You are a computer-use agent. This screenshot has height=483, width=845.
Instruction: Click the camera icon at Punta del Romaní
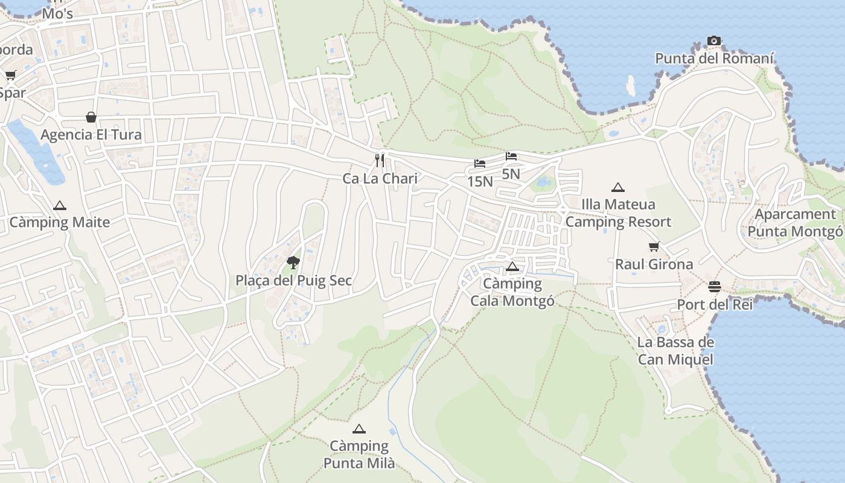tap(714, 41)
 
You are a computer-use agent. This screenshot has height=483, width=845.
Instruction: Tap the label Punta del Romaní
tap(714, 59)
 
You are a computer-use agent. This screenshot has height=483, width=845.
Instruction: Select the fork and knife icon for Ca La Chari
tap(380, 160)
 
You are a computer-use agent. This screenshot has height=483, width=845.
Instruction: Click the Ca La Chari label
tap(380, 179)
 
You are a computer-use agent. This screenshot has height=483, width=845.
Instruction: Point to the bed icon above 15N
tap(480, 164)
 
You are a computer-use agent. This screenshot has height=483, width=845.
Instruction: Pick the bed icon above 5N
tap(511, 156)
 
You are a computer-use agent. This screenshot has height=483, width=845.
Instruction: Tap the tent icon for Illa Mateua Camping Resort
tap(617, 188)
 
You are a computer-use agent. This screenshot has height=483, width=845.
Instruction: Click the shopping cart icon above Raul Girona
tap(654, 246)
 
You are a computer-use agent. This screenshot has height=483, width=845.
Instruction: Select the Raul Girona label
tap(654, 264)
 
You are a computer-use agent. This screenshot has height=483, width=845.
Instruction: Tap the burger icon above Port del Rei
tap(715, 286)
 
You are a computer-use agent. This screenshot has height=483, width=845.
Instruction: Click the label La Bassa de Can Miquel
tap(675, 351)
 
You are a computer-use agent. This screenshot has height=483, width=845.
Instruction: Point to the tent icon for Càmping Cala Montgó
tap(512, 266)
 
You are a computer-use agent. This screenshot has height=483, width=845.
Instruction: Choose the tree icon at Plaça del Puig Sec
tap(293, 262)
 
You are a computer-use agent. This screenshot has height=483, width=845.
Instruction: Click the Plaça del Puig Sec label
tap(293, 281)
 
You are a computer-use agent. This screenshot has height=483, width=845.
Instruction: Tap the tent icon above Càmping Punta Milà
tap(359, 429)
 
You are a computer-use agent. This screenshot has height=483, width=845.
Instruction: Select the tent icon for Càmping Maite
tap(59, 205)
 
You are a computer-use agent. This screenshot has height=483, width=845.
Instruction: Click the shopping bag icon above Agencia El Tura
tap(91, 117)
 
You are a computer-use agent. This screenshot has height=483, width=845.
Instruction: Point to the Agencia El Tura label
tap(91, 135)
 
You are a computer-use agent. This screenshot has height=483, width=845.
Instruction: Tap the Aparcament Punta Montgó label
tap(795, 223)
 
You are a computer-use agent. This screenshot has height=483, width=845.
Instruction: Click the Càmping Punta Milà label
tap(359, 455)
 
